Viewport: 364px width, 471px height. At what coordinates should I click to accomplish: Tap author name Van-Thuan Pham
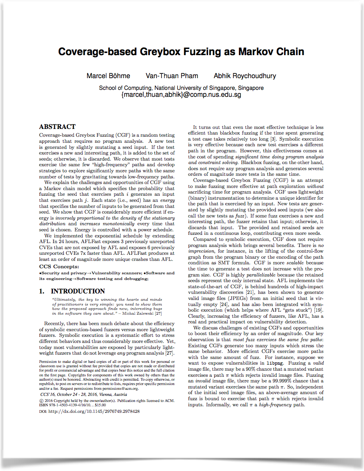[171, 76]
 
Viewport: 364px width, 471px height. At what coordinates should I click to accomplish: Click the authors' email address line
[181, 94]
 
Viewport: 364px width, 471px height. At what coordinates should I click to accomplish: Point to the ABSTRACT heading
[57, 127]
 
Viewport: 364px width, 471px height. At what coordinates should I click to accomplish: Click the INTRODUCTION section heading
[78, 291]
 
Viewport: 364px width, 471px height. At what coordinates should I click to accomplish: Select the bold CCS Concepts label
[59, 267]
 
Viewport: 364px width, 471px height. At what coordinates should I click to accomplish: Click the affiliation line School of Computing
[181, 88]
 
